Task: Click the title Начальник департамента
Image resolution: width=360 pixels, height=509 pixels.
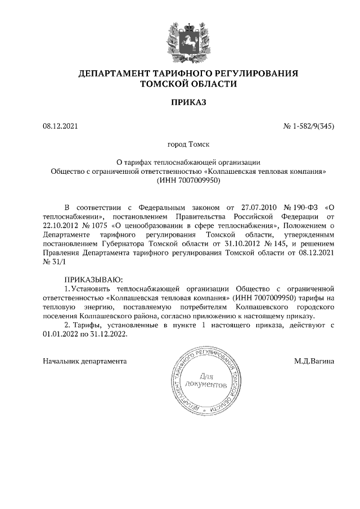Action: pyautogui.click(x=85, y=361)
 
